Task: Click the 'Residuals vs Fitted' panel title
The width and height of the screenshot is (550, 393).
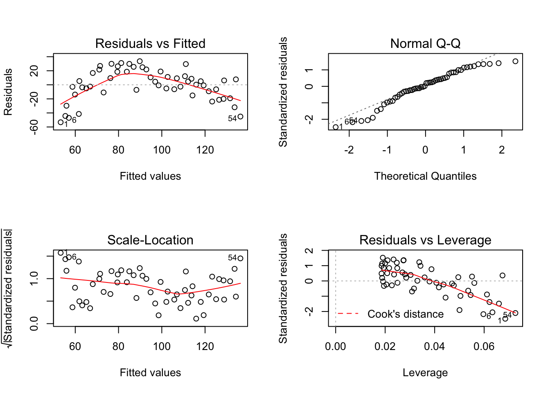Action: tap(150, 43)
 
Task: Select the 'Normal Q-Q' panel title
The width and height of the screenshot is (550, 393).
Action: tap(425, 43)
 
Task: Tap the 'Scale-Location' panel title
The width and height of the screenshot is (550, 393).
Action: tap(150, 240)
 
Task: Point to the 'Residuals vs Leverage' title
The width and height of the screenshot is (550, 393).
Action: tap(425, 240)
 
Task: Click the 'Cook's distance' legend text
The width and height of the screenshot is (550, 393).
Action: tap(405, 314)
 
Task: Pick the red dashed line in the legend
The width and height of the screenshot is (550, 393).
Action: tap(348, 314)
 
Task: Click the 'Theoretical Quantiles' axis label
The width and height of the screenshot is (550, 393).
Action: tap(425, 176)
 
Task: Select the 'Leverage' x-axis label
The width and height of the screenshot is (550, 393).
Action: tap(425, 373)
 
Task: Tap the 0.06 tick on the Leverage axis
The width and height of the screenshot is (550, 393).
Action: tap(484, 346)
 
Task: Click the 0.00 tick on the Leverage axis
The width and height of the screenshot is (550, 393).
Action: tap(336, 346)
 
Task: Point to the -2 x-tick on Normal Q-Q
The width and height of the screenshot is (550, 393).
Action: tap(349, 150)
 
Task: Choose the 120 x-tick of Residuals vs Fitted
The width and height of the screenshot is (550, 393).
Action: tap(205, 150)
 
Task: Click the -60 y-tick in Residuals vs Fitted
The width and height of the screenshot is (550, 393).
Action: tap(34, 126)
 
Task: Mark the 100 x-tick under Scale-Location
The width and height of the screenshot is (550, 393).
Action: tap(162, 346)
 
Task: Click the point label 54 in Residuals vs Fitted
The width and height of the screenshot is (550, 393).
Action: tap(232, 118)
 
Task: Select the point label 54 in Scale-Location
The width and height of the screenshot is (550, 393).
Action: tap(232, 257)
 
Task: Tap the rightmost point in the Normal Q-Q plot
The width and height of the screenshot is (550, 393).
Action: tap(515, 61)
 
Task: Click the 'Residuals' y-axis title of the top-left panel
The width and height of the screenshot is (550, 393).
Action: tap(8, 92)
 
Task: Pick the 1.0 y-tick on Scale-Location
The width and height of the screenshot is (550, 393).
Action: tap(34, 279)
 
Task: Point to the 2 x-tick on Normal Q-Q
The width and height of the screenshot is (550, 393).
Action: tap(502, 150)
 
